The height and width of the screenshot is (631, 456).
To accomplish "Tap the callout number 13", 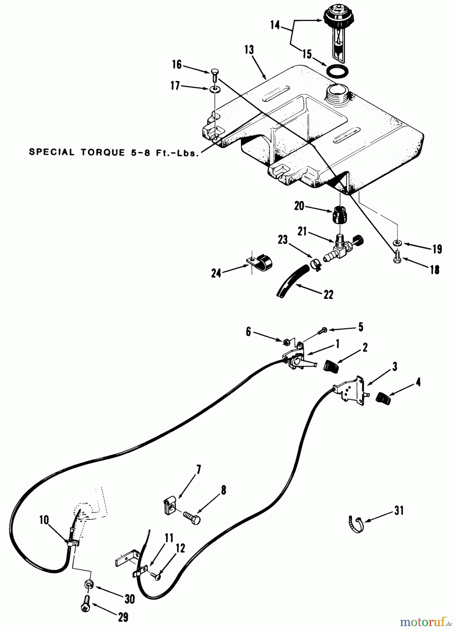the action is (x=249, y=50).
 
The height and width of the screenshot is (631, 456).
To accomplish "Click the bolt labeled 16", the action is (x=214, y=76).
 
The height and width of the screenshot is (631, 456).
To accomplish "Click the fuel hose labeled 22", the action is (x=293, y=281).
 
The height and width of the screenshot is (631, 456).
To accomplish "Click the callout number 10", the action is (x=44, y=520).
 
